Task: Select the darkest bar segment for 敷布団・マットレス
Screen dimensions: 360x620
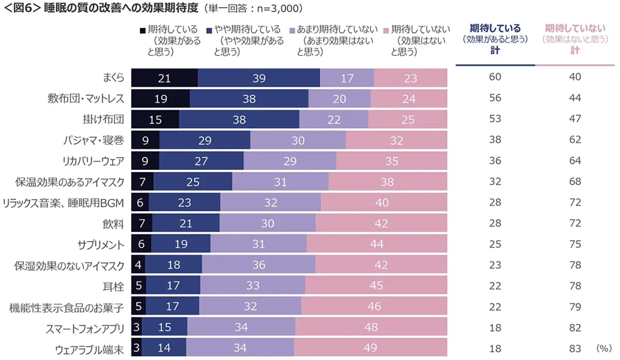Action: pyautogui.click(x=160, y=99)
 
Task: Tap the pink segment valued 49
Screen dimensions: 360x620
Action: pyautogui.click(x=370, y=347)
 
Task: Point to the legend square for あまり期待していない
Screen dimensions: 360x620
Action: pyautogui.click(x=292, y=31)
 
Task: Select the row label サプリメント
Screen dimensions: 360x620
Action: pyautogui.click(x=98, y=244)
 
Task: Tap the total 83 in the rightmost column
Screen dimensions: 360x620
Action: pyautogui.click(x=575, y=347)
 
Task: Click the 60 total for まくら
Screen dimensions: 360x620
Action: pyautogui.click(x=495, y=78)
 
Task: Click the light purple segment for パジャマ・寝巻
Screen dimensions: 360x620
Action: pyautogui.click(x=298, y=140)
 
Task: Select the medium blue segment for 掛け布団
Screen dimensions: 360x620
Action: pyautogui.click(x=239, y=120)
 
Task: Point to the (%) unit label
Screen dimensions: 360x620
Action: pyautogui.click(x=603, y=348)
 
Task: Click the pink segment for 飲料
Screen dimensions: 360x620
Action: pyautogui.click(x=381, y=223)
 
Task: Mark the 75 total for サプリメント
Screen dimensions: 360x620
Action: pyautogui.click(x=575, y=244)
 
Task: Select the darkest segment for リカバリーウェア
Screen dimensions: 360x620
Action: pyautogui.click(x=145, y=161)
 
